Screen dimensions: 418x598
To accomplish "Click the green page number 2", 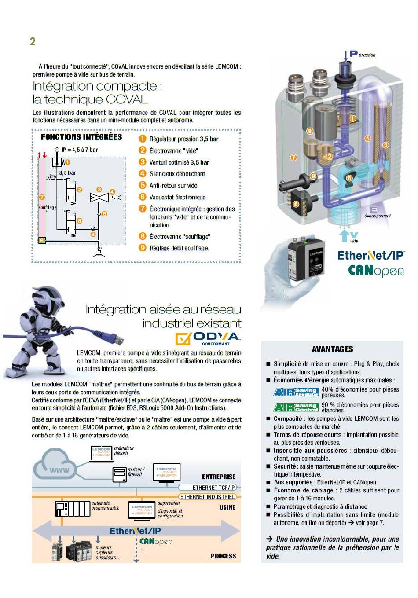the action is click(33, 41).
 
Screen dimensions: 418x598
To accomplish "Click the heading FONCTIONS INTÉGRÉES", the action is click(81, 137).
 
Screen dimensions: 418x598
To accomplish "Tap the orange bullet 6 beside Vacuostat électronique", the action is click(142, 197).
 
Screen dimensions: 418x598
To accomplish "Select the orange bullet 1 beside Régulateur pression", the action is click(142, 139).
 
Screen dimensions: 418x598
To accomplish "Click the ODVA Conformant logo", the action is click(208, 338).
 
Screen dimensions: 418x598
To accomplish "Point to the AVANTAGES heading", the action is click(332, 349).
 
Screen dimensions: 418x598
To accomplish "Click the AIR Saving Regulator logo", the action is click(296, 392).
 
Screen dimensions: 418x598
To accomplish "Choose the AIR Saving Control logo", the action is click(296, 407).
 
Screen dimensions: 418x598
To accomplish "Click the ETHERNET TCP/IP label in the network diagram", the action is click(214, 488).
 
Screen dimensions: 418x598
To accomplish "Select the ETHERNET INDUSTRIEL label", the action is click(208, 497).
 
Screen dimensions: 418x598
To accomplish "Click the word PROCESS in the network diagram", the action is click(223, 556).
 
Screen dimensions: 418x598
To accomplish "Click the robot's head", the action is click(46, 299).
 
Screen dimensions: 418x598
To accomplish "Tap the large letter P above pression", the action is click(353, 54).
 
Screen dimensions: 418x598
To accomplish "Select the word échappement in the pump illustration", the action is click(377, 216).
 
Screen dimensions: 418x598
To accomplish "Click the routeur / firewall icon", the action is click(119, 473).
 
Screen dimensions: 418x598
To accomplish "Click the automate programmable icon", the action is click(73, 509).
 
